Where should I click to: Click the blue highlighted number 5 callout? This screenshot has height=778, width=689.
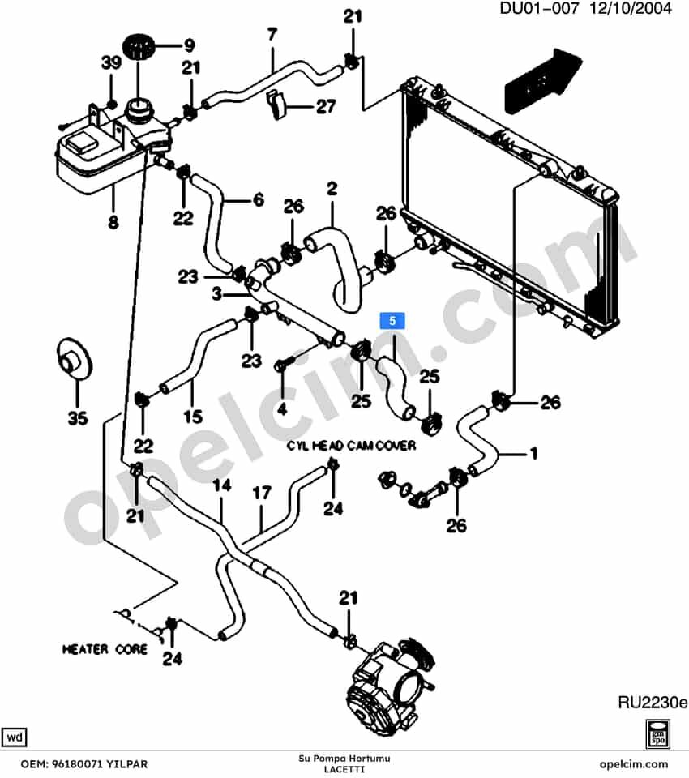point(392,321)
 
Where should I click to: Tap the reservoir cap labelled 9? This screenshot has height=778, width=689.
point(139,47)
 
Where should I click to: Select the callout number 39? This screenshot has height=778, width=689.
point(111,63)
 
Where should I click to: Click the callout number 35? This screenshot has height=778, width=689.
point(78,418)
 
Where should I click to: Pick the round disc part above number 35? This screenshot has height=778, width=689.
point(75,359)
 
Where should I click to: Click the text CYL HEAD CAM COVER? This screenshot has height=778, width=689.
point(351,446)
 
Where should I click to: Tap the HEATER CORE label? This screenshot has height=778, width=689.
point(105,649)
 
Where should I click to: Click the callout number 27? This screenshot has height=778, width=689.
point(326,106)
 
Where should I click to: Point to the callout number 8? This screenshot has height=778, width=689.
point(113,222)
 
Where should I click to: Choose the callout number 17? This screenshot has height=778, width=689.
point(262,494)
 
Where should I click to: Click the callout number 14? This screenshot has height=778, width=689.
point(222,485)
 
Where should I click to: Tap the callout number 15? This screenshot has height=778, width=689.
point(193,417)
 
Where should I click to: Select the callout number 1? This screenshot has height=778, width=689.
point(533,454)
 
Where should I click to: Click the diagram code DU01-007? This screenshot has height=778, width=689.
point(539,8)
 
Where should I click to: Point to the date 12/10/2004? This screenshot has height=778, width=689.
point(631,8)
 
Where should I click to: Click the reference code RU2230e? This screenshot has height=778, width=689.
point(653,703)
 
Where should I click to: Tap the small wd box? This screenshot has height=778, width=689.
point(15,737)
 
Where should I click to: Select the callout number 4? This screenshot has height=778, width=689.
point(282,408)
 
